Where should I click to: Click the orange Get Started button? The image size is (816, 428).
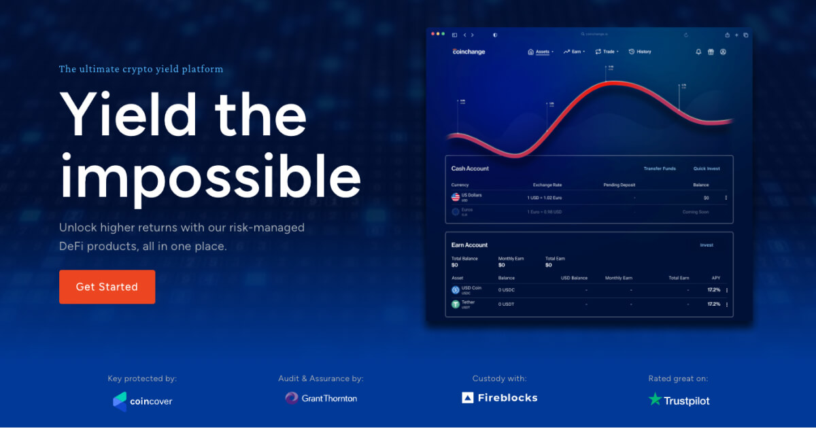pyautogui.click(x=107, y=287)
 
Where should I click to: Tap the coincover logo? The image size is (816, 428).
pyautogui.click(x=143, y=401)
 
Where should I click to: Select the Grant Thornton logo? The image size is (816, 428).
pyautogui.click(x=321, y=398)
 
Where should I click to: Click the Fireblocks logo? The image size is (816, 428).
pyautogui.click(x=500, y=398)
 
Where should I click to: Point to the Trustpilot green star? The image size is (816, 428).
pyautogui.click(x=655, y=399)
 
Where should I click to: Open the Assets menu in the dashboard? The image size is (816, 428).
pyautogui.click(x=541, y=52)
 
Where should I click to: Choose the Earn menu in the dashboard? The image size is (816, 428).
pyautogui.click(x=575, y=52)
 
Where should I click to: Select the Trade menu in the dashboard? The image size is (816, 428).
pyautogui.click(x=607, y=52)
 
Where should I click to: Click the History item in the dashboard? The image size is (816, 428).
pyautogui.click(x=640, y=52)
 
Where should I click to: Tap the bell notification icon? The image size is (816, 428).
pyautogui.click(x=698, y=52)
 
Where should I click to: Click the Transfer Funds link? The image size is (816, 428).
pyautogui.click(x=660, y=168)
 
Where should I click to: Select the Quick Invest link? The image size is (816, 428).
pyautogui.click(x=707, y=168)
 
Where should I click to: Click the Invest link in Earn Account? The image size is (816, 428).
pyautogui.click(x=707, y=245)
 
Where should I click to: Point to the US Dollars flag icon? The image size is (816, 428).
pyautogui.click(x=456, y=197)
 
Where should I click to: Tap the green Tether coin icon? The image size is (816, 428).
pyautogui.click(x=456, y=304)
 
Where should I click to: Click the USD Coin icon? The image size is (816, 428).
pyautogui.click(x=456, y=289)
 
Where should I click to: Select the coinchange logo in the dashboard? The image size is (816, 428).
pyautogui.click(x=469, y=52)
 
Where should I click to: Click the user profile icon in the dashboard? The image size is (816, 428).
pyautogui.click(x=723, y=52)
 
